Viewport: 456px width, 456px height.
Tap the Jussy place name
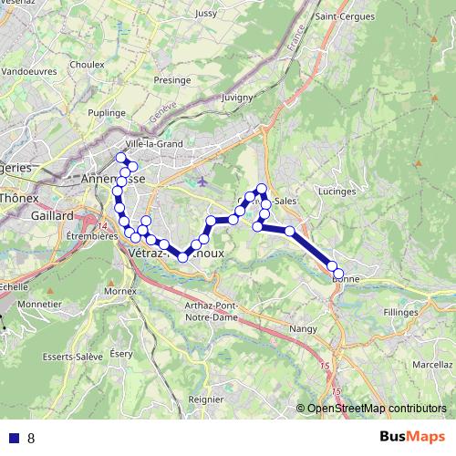206,14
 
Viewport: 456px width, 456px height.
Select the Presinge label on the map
171,79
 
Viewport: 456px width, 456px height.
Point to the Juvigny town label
235,95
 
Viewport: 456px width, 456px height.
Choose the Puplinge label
107,112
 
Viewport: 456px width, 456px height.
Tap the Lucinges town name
337,192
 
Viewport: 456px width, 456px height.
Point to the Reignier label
205,399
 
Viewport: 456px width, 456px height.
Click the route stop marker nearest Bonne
338,274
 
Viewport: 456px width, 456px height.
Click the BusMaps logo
412,437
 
